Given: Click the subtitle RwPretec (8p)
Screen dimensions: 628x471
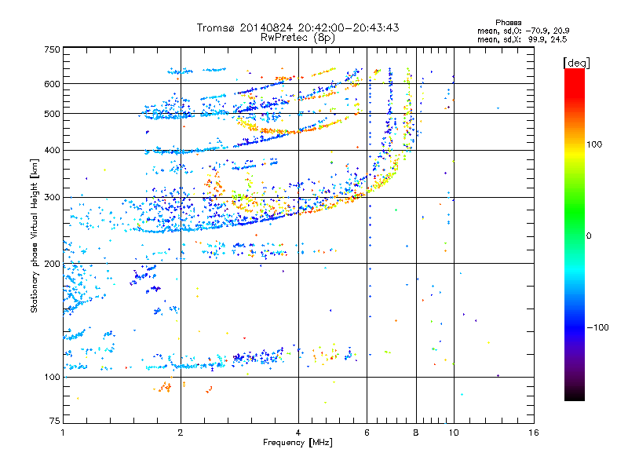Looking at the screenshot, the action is (x=298, y=38).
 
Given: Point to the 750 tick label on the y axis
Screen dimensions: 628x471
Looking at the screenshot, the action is (x=53, y=49).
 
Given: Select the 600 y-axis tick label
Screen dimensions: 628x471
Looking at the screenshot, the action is (x=53, y=84).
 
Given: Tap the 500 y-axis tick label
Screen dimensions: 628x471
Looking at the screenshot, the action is (x=53, y=113).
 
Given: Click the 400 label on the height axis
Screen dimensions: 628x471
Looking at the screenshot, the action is (x=53, y=150).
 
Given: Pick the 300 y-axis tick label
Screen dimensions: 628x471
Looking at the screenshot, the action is (x=53, y=197).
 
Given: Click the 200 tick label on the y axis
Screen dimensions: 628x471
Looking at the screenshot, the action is (x=53, y=264).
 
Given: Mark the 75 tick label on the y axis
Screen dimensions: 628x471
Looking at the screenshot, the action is (x=55, y=421).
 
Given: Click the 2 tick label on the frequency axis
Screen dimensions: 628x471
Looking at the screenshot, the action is (x=181, y=433).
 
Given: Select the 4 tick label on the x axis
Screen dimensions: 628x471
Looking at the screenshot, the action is (x=298, y=433).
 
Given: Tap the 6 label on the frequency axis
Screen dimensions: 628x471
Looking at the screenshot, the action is (x=367, y=433).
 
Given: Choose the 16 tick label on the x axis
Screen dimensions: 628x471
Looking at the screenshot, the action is (x=534, y=433).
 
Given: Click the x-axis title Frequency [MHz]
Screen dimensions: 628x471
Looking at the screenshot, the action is (x=298, y=443).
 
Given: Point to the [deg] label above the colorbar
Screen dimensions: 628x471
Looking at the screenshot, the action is (x=577, y=63).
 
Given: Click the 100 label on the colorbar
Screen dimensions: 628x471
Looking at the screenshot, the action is (x=594, y=144).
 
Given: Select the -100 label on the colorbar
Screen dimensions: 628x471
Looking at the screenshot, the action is (x=597, y=327).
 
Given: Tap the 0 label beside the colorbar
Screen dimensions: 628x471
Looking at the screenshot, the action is (x=589, y=236).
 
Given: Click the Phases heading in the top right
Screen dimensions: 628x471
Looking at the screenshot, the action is (x=508, y=23).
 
